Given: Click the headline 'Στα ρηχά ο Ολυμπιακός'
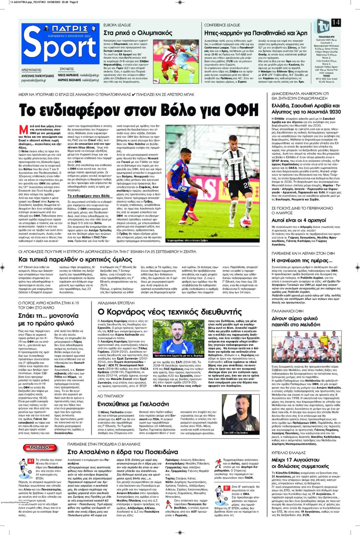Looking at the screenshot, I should click(138, 33).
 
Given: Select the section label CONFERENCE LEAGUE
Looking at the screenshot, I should click(222, 25).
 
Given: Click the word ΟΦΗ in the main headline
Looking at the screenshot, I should click(241, 110).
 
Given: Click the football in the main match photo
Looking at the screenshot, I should click(245, 221).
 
